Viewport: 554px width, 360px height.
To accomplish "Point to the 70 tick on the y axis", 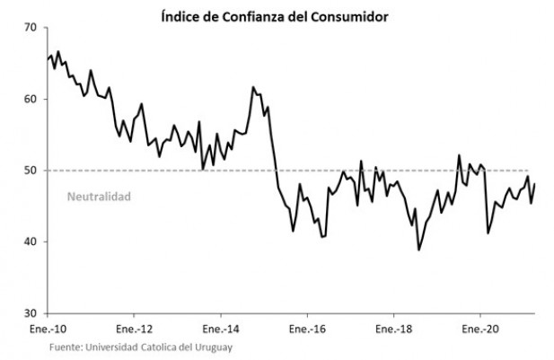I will point(31,28).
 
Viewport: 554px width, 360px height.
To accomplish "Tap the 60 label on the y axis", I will point(31,99).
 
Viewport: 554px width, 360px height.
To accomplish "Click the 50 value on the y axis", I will point(31,171).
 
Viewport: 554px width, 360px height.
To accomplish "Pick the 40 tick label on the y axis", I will point(31,241).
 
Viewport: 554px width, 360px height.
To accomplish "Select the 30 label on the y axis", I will point(31,313).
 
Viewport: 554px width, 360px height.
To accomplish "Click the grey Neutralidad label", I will point(99,195).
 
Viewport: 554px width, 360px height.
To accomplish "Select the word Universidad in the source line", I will point(115,347).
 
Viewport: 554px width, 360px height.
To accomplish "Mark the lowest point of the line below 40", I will point(418,250).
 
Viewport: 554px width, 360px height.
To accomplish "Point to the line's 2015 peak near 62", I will point(253,87).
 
